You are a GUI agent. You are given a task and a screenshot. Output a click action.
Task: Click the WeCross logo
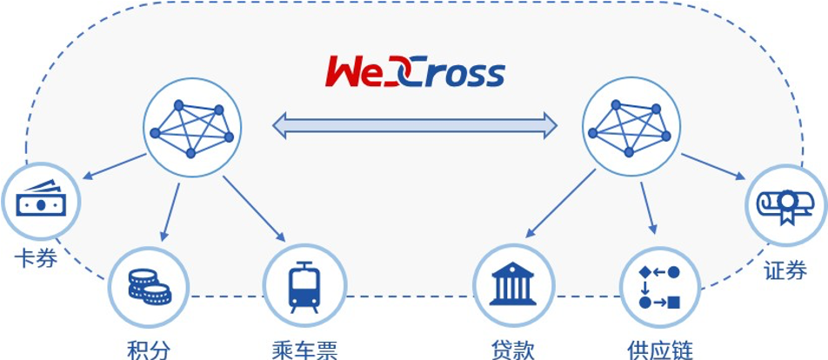pos(415,71)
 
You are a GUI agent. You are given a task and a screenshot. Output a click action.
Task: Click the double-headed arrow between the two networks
pos(415,126)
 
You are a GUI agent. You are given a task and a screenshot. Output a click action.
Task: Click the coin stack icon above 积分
pos(149,285)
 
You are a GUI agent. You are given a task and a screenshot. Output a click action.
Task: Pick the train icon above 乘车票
pos(304,287)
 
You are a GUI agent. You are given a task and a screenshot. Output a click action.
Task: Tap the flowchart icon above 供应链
pos(659,287)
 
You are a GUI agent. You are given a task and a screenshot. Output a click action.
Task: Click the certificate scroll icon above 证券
pos(785,204)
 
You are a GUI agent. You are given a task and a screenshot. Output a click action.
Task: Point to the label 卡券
pos(37,259)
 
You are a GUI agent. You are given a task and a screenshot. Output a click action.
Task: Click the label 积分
pos(149,350)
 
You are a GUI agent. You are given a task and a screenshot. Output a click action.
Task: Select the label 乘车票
pos(304,350)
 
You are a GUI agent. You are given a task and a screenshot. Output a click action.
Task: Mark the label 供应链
pos(660,350)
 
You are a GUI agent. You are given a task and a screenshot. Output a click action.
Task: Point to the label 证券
pos(785,271)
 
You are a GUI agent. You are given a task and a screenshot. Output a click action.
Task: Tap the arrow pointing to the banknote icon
pos(115,167)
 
